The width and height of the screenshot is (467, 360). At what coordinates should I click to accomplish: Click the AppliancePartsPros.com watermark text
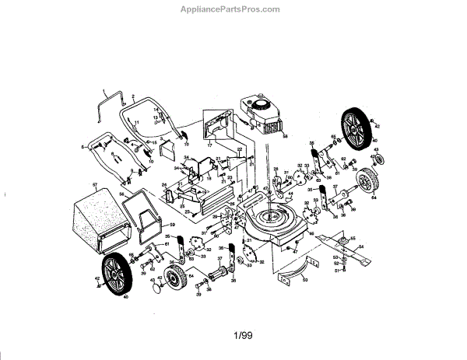click(x=234, y=9)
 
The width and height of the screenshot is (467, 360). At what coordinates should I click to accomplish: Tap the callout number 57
click(x=94, y=185)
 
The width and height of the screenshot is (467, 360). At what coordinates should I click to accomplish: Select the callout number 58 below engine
click(x=285, y=137)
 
